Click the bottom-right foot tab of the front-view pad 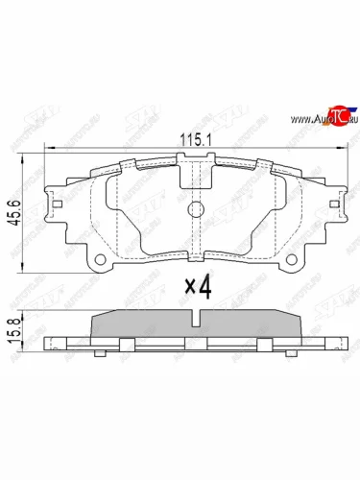[291, 261]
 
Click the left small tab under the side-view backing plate [99, 353]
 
